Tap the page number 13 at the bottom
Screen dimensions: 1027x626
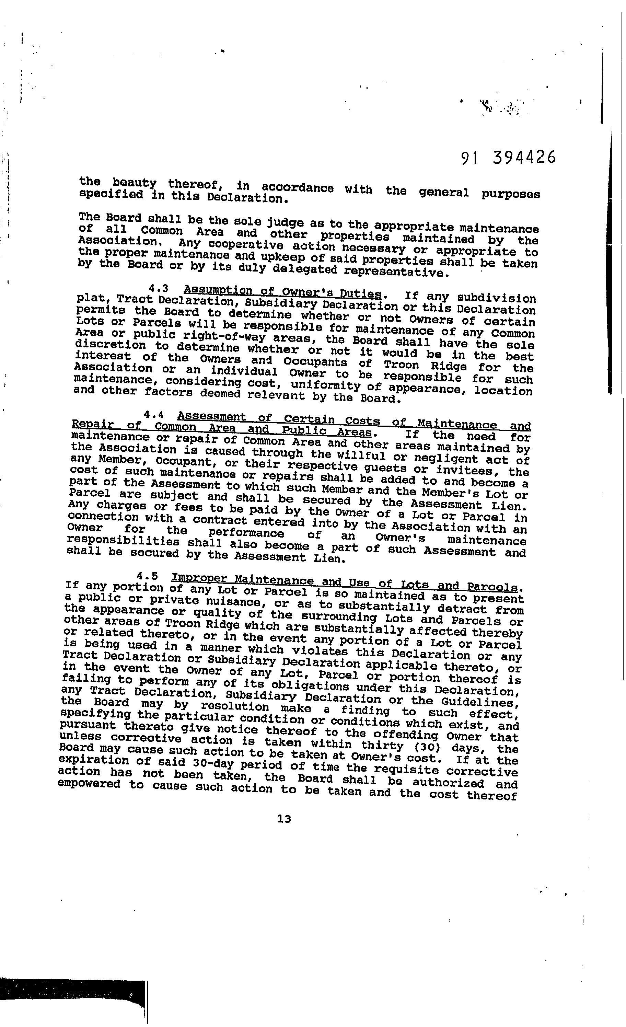pyautogui.click(x=284, y=819)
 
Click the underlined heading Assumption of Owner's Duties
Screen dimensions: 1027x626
pyautogui.click(x=282, y=291)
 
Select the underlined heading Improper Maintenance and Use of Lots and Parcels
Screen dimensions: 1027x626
pyautogui.click(x=346, y=582)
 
